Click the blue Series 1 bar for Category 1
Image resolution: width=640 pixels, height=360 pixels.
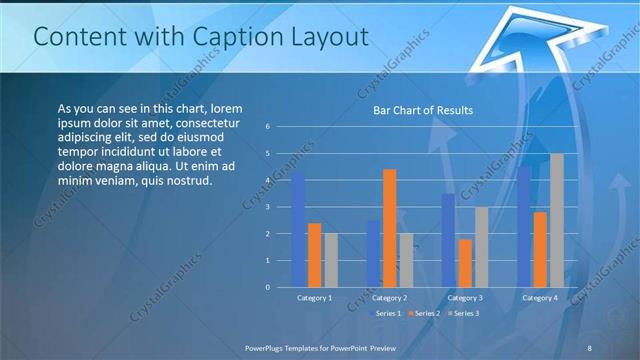click(x=298, y=229)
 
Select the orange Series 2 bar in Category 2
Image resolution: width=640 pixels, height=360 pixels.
click(x=389, y=228)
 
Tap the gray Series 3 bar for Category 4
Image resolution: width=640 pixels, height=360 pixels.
click(x=557, y=220)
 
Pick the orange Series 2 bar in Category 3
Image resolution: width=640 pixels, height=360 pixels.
click(x=465, y=263)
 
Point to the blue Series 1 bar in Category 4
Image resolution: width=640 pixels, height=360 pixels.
click(x=524, y=226)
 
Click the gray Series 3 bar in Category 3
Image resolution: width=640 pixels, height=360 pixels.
click(x=481, y=247)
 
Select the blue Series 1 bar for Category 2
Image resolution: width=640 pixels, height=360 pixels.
click(x=373, y=253)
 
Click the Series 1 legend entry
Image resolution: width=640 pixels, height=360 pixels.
click(x=386, y=314)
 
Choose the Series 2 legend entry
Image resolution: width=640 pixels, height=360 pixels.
click(x=423, y=314)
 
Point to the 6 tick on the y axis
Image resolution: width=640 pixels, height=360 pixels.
click(x=268, y=127)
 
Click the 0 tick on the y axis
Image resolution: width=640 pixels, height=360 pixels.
click(x=268, y=287)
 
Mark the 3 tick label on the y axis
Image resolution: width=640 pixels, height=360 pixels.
click(x=268, y=207)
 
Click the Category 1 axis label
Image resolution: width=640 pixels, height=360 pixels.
click(x=314, y=298)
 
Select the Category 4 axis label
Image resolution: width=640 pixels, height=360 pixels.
click(x=540, y=298)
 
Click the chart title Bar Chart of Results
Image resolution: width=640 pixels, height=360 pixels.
click(x=423, y=110)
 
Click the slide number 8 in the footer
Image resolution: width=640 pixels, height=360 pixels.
click(x=590, y=347)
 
